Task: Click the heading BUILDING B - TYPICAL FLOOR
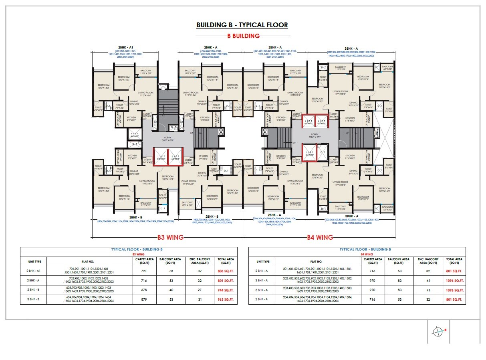click(242, 25)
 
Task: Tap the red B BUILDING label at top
click(243, 36)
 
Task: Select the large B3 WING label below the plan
click(170, 237)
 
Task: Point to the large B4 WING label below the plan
click(320, 237)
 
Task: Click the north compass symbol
click(438, 332)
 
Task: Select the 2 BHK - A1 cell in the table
click(33, 271)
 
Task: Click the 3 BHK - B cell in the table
click(33, 299)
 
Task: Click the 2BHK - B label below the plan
click(212, 216)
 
